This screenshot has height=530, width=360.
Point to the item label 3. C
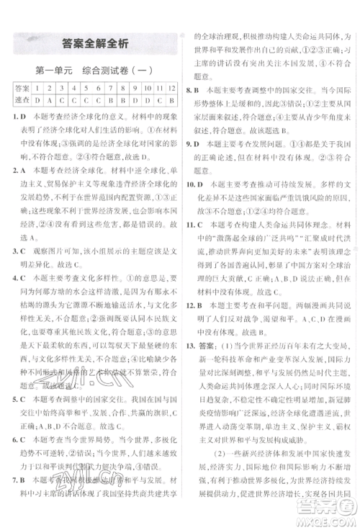coord(21,251)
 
